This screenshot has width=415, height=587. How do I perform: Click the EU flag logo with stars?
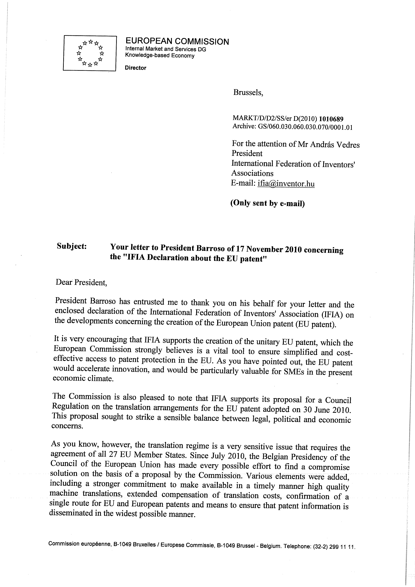90,53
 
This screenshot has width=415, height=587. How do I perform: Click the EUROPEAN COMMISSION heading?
177,41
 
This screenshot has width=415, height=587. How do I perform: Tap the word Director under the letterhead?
136,68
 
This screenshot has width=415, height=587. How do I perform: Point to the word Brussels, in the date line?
248,93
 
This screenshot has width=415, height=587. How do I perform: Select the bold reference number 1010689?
331,119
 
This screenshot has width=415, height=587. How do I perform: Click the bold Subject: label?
72,246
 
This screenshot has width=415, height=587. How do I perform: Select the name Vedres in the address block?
348,145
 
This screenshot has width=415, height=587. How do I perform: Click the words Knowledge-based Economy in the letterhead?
160,56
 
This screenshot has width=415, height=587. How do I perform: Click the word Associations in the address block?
252,173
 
